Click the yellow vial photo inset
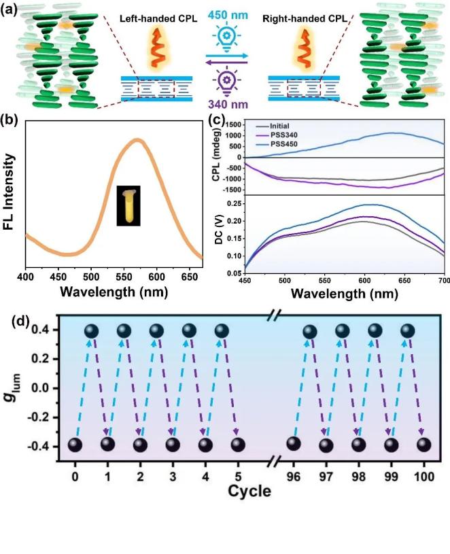pos(128,206)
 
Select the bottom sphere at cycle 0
pos(75,445)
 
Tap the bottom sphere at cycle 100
pos(423,445)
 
